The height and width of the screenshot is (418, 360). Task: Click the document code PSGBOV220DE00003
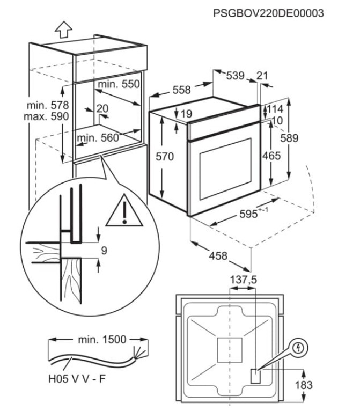pos(268,12)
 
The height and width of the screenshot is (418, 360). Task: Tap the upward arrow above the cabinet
pos(64,30)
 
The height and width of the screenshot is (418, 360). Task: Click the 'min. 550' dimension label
pos(119,84)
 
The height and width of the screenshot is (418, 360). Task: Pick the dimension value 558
pos(181,90)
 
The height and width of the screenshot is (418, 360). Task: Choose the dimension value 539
pos(235,76)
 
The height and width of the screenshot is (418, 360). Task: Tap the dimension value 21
pos(262,76)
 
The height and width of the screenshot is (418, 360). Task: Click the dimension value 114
pos(275,108)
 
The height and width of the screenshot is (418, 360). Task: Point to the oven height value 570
pos(165,157)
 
